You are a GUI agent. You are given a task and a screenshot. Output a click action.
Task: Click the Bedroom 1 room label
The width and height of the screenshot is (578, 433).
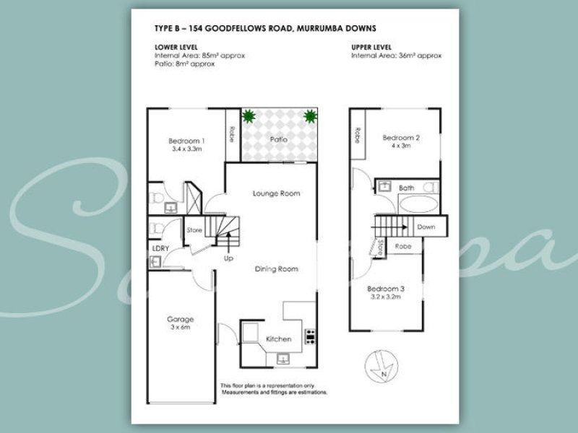pyautogui.click(x=187, y=140)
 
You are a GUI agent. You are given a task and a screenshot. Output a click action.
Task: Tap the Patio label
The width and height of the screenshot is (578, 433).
pyautogui.click(x=278, y=139)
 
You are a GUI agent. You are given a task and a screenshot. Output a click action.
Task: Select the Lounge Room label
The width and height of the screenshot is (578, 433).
pyautogui.click(x=276, y=193)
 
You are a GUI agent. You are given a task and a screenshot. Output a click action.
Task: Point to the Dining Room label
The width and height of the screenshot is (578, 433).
pyautogui.click(x=276, y=269)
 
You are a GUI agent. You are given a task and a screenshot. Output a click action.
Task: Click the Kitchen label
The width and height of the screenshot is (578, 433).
pyautogui.click(x=279, y=339)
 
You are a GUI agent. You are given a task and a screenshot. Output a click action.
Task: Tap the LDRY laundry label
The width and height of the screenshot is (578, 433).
pyautogui.click(x=160, y=248)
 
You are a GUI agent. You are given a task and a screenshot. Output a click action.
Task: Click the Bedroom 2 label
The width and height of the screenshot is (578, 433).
pyautogui.click(x=401, y=137)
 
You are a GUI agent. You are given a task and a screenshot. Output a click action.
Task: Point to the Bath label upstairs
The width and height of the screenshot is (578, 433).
pyautogui.click(x=407, y=188)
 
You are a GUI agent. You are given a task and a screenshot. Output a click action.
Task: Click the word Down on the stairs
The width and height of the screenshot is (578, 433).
pyautogui.click(x=426, y=227)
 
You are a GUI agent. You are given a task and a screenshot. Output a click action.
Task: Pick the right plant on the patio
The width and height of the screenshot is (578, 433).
pyautogui.click(x=311, y=115)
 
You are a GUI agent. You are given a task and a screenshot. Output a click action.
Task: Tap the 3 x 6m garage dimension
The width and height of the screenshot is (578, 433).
pyautogui.click(x=181, y=328)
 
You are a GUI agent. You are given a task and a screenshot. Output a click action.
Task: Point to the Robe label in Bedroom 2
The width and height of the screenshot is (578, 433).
pyautogui.click(x=357, y=136)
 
